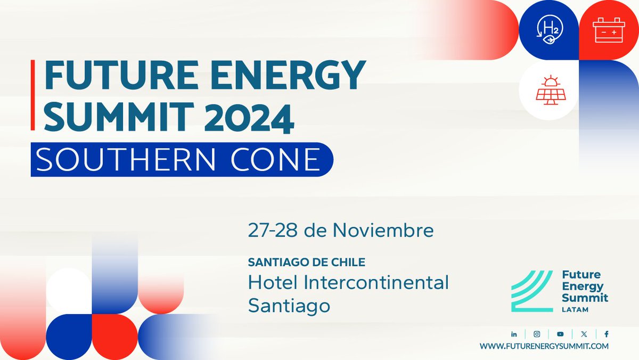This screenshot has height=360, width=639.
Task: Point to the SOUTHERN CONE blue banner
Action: (181, 159)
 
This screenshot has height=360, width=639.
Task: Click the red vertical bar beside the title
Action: (33, 95)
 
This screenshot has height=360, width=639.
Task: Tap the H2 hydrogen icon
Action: (548, 30)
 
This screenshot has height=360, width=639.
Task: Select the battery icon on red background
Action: (608, 30)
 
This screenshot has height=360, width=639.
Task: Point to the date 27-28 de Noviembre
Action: (341, 231)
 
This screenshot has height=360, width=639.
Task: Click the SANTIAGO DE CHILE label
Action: (307, 263)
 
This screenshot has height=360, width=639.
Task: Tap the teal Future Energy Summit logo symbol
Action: (531, 291)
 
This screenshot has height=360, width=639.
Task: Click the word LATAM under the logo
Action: (573, 309)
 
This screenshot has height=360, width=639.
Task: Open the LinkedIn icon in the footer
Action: (514, 334)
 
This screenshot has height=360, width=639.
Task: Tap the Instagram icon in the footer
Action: (537, 334)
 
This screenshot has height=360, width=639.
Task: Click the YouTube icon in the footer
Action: (560, 334)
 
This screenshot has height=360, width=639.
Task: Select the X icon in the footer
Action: (584, 334)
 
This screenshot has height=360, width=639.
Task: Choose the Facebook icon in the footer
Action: (607, 334)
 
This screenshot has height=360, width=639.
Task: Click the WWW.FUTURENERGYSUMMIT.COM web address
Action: (544, 346)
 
